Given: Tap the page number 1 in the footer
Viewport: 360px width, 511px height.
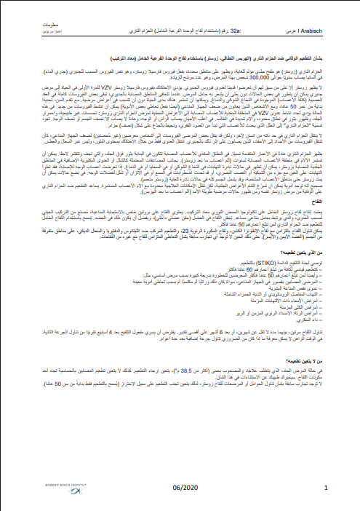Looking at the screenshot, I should pyautogui.click(x=325, y=488).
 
